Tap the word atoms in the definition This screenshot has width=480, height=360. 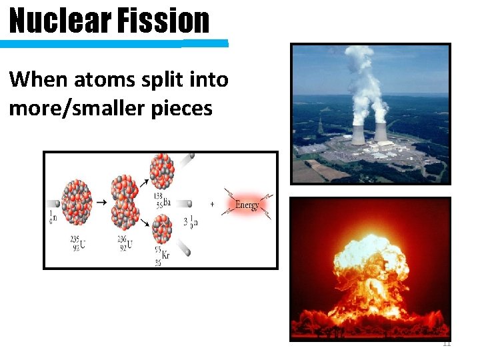pos(91,80)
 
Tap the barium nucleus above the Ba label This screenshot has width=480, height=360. pos(161,171)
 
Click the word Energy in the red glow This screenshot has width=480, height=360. pos(247,205)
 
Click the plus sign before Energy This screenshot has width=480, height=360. pos(212,204)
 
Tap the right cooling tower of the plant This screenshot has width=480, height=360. pos(381,132)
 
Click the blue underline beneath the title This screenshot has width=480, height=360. pos(113,44)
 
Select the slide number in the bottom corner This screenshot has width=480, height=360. pos(447,343)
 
